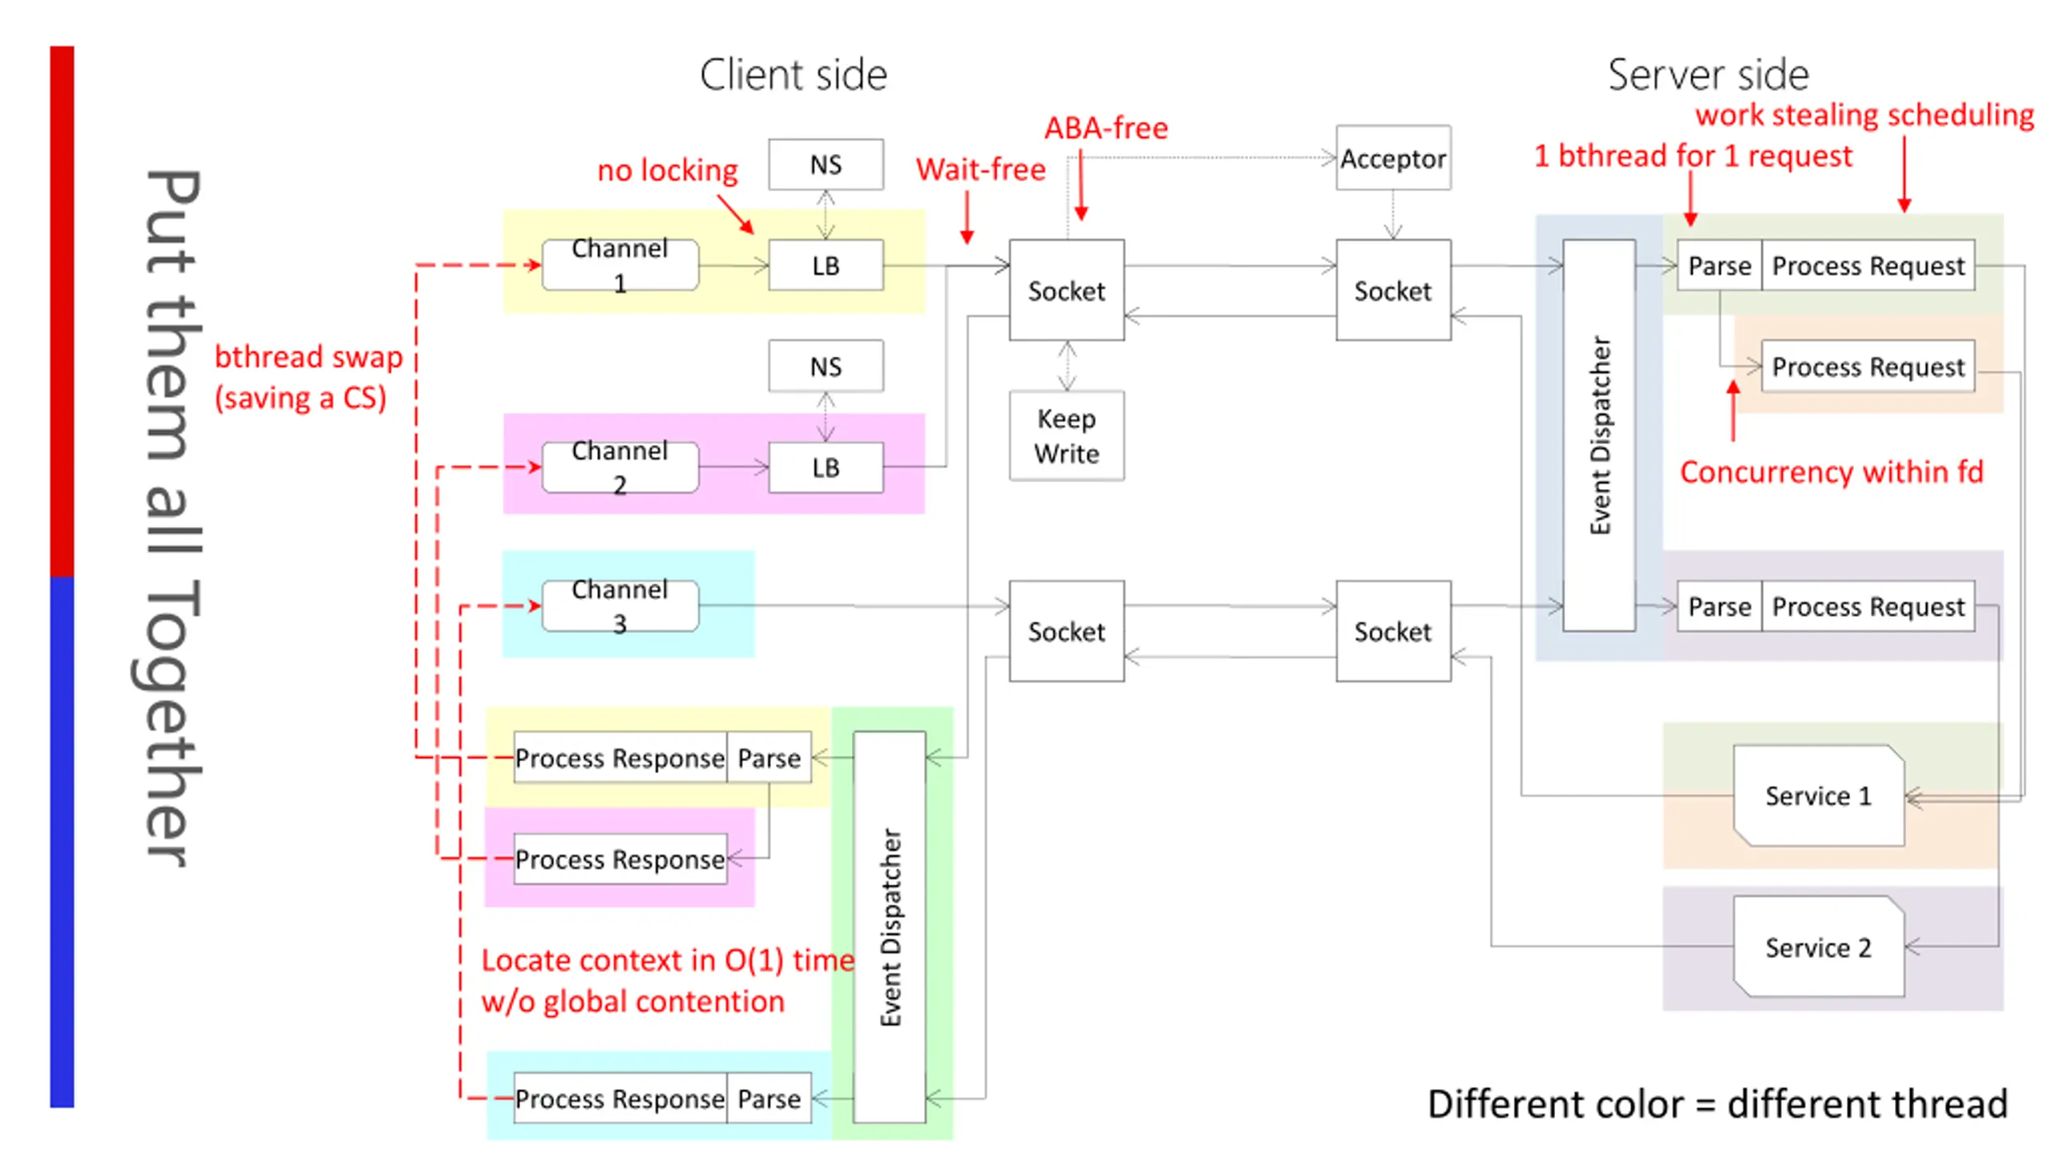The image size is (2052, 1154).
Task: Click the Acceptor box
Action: [x=1392, y=158]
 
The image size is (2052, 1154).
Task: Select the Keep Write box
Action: [x=1066, y=435]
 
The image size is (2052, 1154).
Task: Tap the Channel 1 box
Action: [x=620, y=265]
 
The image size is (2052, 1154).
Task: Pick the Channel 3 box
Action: [x=620, y=605]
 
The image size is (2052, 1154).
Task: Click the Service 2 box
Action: [x=1818, y=946]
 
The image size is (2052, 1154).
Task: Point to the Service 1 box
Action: [x=1818, y=796]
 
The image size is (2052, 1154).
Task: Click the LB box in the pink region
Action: [x=826, y=467]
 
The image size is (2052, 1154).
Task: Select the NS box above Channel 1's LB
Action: [x=826, y=164]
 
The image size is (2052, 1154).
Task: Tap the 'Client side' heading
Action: [x=793, y=75]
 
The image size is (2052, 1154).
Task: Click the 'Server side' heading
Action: [x=1708, y=75]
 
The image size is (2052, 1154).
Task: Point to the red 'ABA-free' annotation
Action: [x=1105, y=128]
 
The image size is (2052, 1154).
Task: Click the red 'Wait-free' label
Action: [x=980, y=169]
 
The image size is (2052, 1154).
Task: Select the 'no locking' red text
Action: [x=667, y=170]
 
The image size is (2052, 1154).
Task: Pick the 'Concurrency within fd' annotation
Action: [x=1831, y=472]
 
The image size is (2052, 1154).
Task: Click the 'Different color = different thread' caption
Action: [x=1717, y=1104]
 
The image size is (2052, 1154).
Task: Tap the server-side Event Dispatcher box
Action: [x=1598, y=435]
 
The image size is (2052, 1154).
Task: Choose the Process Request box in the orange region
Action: [x=1867, y=366]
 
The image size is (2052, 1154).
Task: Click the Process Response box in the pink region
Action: [x=620, y=859]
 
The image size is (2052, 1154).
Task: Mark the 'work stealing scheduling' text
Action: [x=1864, y=115]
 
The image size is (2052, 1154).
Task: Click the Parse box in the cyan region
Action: [x=769, y=1098]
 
